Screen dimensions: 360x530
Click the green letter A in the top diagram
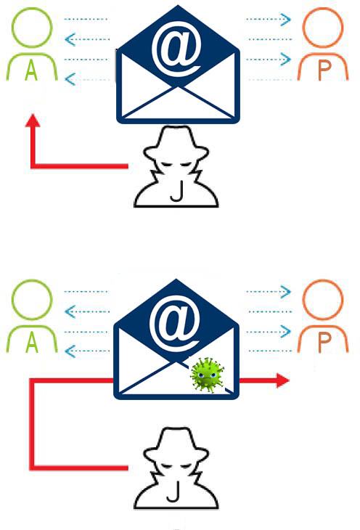coord(31,71)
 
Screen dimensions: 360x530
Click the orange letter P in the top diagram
coord(324,71)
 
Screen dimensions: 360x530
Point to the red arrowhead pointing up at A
coord(33,121)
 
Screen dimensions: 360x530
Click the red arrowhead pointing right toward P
coord(283,380)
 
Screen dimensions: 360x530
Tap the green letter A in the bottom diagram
coord(31,343)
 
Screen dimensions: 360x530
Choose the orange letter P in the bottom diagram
coord(324,343)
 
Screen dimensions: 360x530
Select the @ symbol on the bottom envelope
coord(176,321)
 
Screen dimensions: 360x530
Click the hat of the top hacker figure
coord(176,142)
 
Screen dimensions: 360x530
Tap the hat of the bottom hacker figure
coord(176,444)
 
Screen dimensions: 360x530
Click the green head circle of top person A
coord(32,9)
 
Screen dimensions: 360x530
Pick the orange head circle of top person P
coord(323,9)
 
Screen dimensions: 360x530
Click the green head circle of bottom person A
coord(32,280)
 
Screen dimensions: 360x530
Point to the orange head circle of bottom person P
coord(323,280)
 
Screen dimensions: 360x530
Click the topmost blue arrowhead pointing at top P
coord(286,20)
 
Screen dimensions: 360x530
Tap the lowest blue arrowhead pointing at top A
coord(70,79)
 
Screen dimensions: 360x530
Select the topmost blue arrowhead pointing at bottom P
coord(286,292)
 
